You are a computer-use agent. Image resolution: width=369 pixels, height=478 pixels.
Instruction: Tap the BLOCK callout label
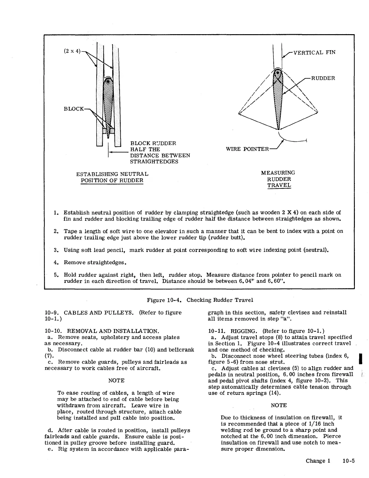pyautogui.click(x=73, y=109)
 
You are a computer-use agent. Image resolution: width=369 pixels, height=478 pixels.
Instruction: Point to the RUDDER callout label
pyautogui.click(x=323, y=78)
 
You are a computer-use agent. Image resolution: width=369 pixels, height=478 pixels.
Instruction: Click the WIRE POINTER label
pyautogui.click(x=247, y=149)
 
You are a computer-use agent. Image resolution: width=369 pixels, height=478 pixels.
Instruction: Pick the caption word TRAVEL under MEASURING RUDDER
pyautogui.click(x=279, y=185)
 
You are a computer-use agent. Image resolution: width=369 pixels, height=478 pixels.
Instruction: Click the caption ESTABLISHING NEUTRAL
pyautogui.click(x=112, y=174)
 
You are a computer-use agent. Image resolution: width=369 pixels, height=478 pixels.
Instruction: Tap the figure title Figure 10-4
pyautogui.click(x=165, y=300)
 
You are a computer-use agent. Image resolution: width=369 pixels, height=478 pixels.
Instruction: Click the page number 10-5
pyautogui.click(x=348, y=461)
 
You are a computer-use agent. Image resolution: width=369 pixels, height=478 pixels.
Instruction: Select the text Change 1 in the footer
pyautogui.click(x=318, y=461)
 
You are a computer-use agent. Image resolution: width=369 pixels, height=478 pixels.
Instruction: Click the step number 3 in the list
pyautogui.click(x=56, y=250)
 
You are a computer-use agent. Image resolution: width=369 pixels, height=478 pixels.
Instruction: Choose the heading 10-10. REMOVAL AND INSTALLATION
pyautogui.click(x=102, y=331)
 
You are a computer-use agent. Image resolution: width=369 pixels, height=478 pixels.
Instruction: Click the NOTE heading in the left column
pyautogui.click(x=116, y=381)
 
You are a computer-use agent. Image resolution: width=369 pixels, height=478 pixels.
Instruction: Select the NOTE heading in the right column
pyautogui.click(x=279, y=405)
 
